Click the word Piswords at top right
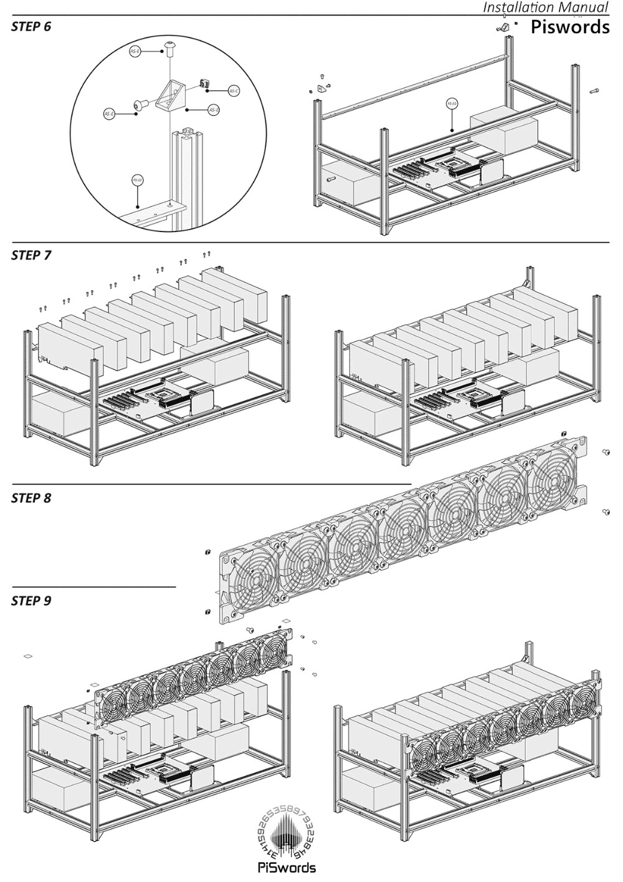569,27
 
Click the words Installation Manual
545,7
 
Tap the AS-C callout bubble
234,91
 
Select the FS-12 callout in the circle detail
138,180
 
